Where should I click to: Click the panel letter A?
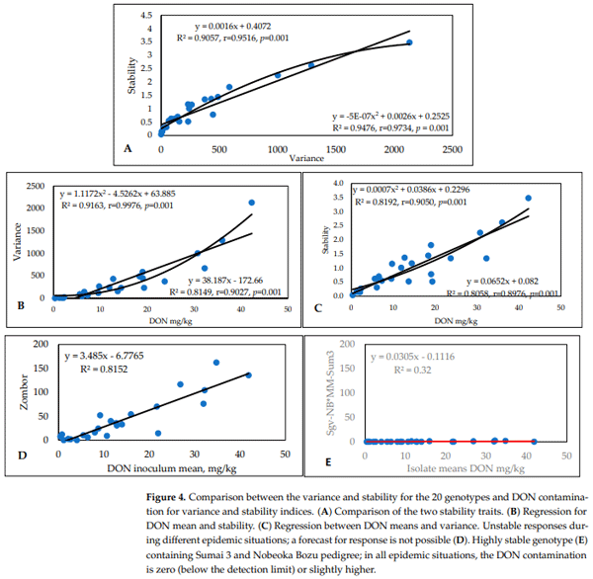click(127, 147)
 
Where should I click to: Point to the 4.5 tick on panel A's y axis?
click(146, 17)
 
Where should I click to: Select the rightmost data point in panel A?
click(409, 42)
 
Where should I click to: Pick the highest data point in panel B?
click(251, 203)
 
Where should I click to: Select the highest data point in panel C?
click(528, 198)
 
